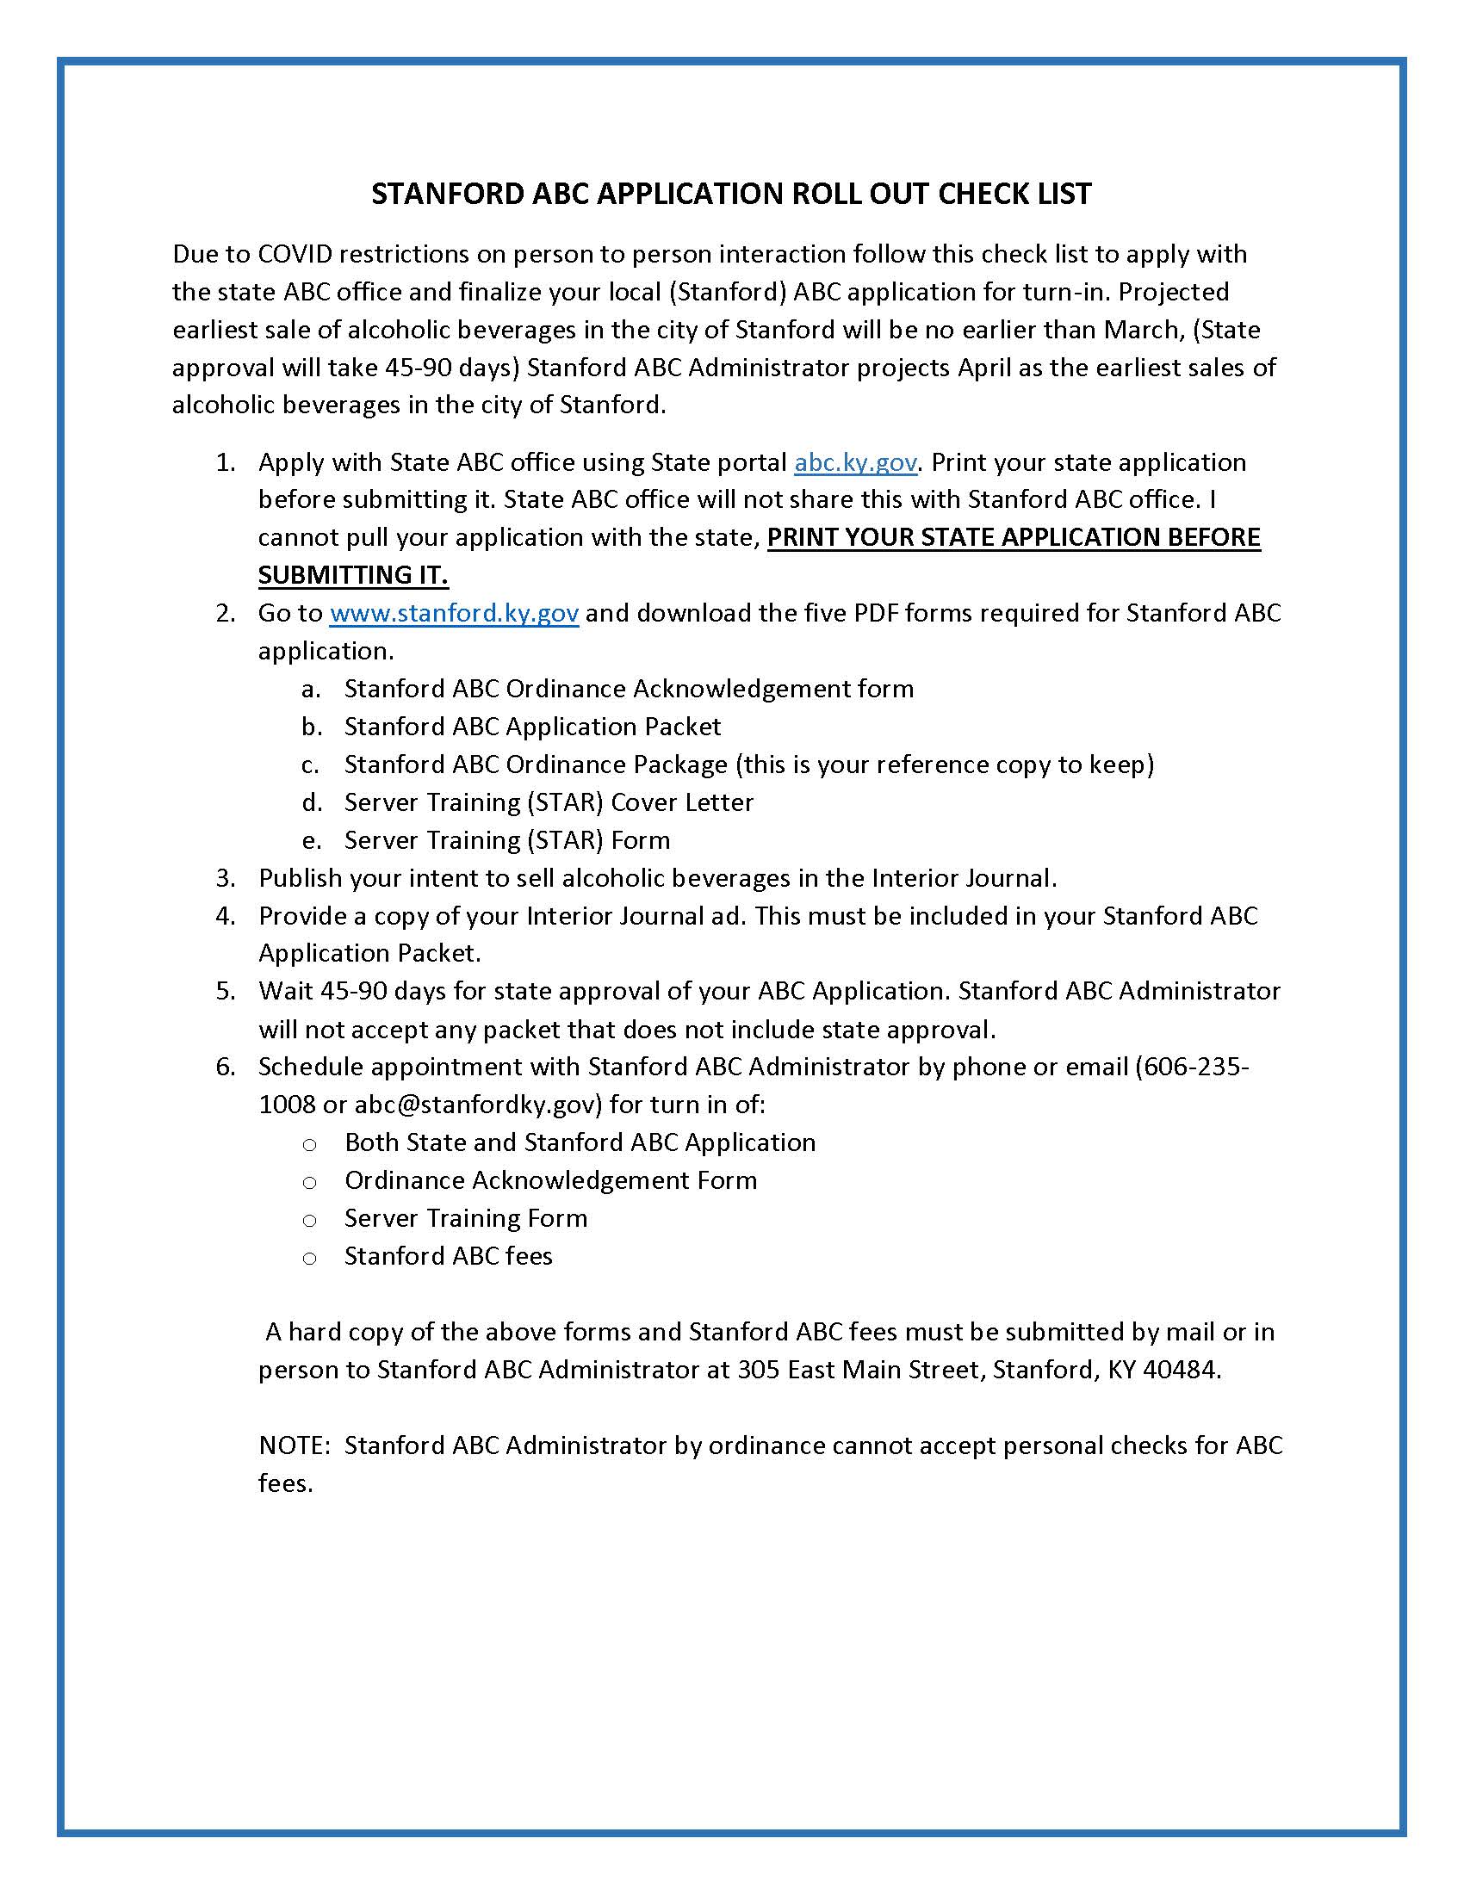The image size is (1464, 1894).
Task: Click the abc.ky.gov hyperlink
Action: (855, 462)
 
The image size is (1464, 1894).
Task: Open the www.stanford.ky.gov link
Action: (454, 613)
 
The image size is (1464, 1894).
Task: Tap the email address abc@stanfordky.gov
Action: (477, 1105)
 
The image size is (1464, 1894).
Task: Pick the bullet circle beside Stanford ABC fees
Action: (310, 1258)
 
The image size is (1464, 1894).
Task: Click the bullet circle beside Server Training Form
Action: (310, 1220)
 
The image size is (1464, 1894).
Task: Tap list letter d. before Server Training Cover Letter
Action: (312, 802)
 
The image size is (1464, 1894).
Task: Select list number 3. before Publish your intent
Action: (226, 877)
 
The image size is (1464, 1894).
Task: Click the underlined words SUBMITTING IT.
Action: (353, 575)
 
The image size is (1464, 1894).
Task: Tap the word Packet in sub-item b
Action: (681, 727)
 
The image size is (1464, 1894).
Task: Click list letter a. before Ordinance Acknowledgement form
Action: (312, 689)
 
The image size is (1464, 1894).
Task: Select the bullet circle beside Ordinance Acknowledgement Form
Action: (310, 1182)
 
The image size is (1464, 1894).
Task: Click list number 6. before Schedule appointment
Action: (226, 1067)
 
